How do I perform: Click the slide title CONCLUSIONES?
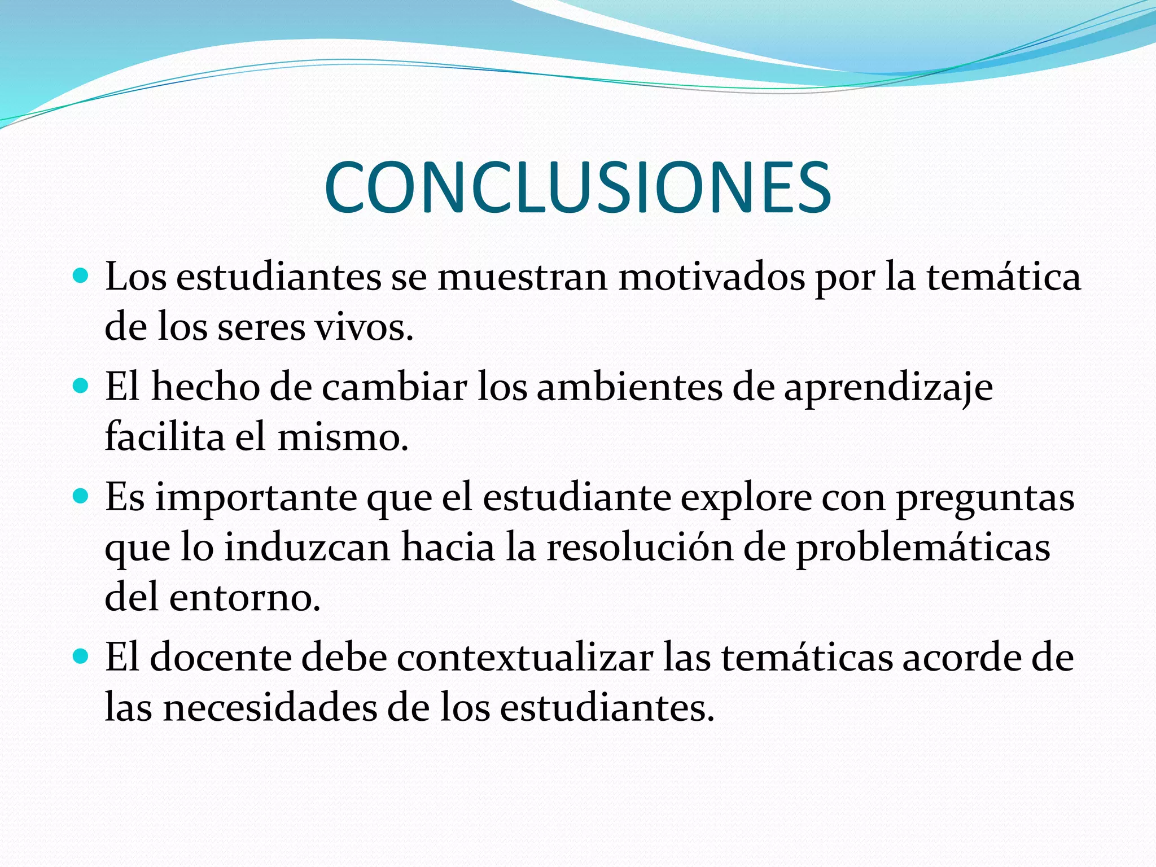[x=577, y=187]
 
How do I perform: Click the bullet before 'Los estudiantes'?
[x=81, y=277]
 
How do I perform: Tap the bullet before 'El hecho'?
[x=81, y=387]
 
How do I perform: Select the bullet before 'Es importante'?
[x=81, y=497]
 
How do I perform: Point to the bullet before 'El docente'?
[x=81, y=657]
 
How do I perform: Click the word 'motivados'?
[x=711, y=278]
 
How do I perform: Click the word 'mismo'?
[x=339, y=437]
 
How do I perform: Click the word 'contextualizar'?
[x=524, y=658]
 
